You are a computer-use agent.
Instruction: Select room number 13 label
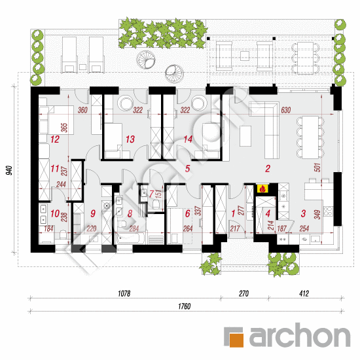point(130,139)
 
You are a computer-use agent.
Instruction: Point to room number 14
point(188,139)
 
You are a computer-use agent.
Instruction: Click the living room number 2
point(267,169)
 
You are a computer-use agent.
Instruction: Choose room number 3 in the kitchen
point(304,213)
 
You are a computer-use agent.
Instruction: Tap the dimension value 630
point(285,110)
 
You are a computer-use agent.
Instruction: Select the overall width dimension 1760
point(183,308)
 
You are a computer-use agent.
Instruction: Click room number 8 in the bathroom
point(130,213)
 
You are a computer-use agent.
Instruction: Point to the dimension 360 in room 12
point(82,110)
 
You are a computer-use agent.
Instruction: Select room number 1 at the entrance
point(234,213)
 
